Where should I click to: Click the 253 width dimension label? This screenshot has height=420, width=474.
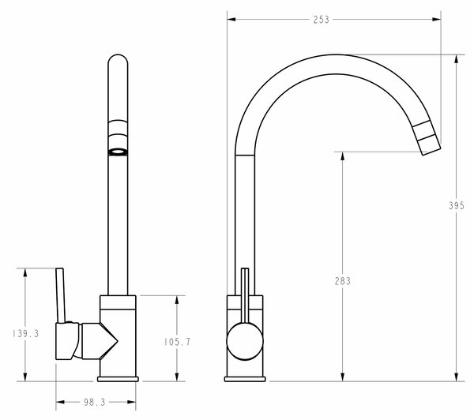point(321,20)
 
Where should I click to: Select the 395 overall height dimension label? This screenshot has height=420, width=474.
point(456,206)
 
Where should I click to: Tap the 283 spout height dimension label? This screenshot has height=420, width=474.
point(343,281)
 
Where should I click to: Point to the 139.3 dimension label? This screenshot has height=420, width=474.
point(26,334)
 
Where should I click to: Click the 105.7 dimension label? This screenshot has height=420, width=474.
point(177,342)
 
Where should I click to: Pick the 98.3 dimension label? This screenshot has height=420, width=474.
point(94,402)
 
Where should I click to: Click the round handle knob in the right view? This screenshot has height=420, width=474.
point(245,341)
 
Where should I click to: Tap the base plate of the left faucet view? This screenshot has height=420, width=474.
point(118,379)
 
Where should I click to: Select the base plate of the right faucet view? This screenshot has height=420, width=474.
point(245,379)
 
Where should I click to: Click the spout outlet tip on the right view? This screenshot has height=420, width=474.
point(431,152)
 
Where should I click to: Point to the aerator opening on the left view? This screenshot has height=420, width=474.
point(118,152)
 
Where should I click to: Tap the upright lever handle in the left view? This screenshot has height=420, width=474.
point(61,295)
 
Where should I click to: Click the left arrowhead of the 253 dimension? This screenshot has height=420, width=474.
point(231,20)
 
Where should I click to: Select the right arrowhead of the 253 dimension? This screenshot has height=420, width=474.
point(437,20)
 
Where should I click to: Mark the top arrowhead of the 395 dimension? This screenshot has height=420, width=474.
point(457,59)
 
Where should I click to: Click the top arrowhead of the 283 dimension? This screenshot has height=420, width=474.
point(343,156)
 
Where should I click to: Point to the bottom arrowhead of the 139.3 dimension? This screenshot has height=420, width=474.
point(25,377)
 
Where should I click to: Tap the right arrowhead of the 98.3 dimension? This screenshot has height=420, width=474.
point(131,402)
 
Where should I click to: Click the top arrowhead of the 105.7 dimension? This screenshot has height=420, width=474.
point(177,300)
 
